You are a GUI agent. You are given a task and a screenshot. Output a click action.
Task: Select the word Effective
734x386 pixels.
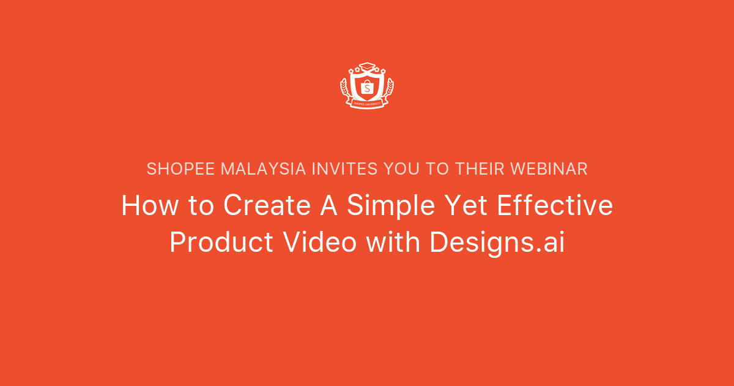[554, 205]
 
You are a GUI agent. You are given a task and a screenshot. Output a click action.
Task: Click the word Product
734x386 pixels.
[221, 242]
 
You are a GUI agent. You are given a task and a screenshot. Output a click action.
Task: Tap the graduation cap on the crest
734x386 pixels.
[367, 66]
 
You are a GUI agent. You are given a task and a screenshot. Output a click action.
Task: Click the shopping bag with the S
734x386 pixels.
[367, 88]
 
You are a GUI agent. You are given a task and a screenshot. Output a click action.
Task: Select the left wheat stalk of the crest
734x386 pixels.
[346, 91]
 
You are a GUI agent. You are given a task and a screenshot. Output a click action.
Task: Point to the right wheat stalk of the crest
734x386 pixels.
[388, 91]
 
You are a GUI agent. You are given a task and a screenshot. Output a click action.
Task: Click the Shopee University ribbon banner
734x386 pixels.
[367, 104]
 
